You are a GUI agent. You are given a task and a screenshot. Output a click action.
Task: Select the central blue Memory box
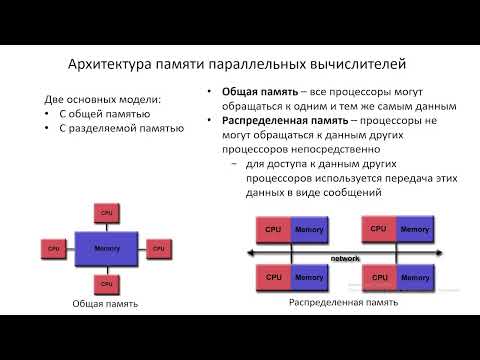coord(107,247)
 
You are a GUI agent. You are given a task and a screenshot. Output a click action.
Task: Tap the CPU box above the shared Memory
coord(107,212)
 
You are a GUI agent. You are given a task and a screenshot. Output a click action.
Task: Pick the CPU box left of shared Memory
coord(55,247)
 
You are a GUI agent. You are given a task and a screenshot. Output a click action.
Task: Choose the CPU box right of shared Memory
coord(159,247)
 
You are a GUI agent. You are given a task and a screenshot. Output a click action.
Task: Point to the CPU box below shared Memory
coord(107,281)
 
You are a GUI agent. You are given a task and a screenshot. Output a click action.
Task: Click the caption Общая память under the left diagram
coord(106,302)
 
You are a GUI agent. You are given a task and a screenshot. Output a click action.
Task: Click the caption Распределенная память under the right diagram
coord(343,301)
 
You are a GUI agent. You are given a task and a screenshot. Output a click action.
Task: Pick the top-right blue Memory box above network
coord(414,230)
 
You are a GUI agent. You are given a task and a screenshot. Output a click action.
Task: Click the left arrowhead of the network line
coord(248,257)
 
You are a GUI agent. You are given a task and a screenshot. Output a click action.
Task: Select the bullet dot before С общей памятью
coord(49,114)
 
